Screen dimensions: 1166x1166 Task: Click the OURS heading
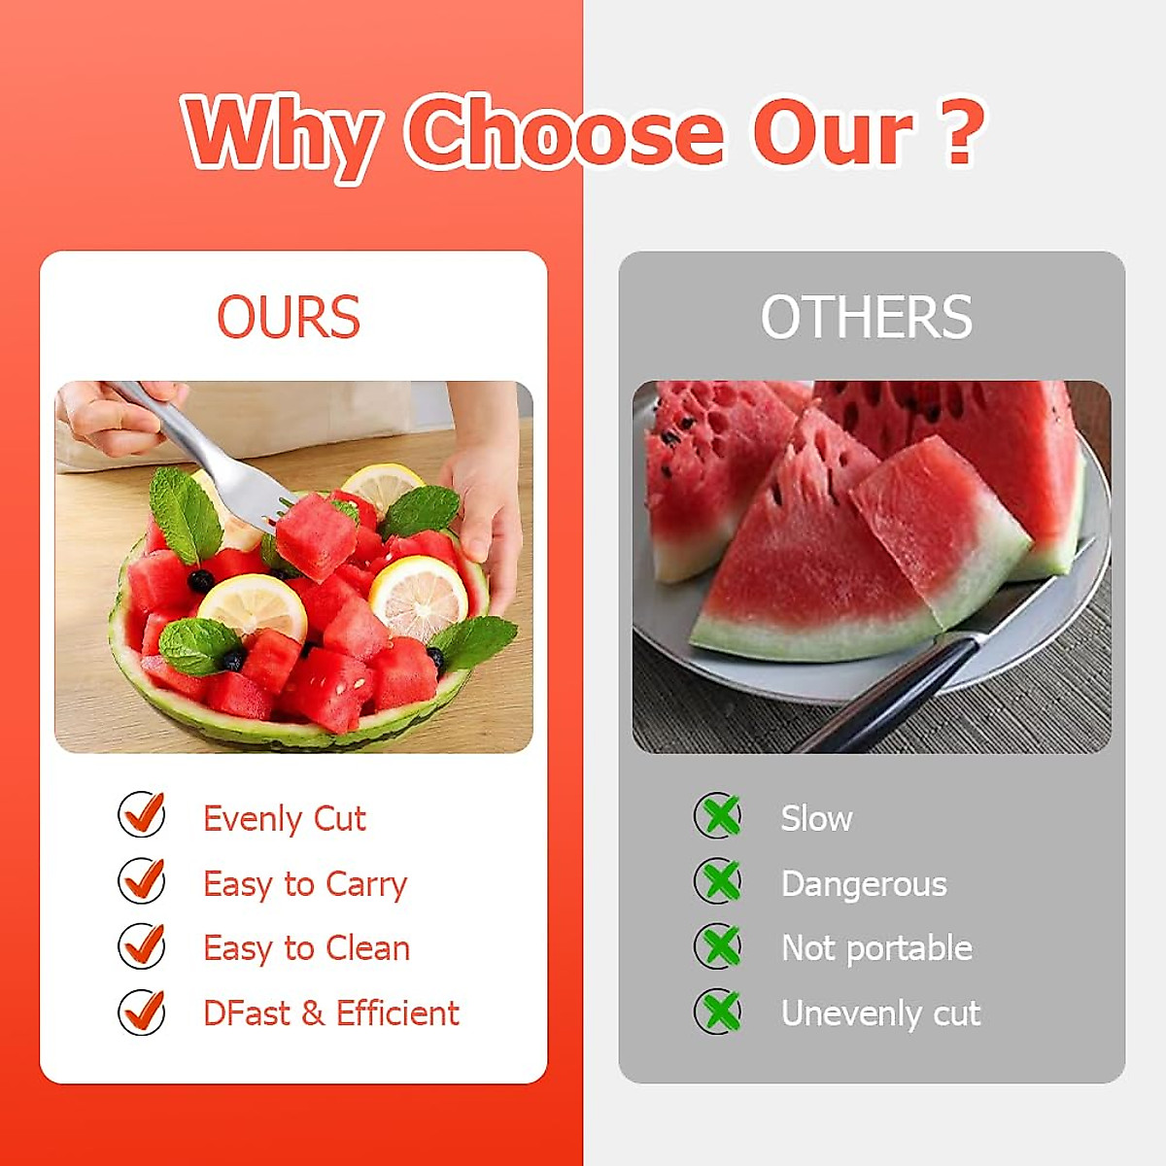coord(288,317)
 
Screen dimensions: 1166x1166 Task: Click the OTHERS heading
coord(866,317)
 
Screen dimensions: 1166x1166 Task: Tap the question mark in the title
coord(959,132)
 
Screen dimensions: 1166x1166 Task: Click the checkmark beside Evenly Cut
coord(142,814)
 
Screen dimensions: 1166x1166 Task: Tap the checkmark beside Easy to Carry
coord(142,880)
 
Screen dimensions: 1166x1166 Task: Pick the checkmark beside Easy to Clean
coord(142,945)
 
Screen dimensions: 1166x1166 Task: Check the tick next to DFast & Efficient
coord(142,1012)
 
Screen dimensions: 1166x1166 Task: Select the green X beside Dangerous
coord(719,881)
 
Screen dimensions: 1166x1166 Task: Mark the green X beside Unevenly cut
coord(719,1012)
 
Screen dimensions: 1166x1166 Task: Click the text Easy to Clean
coord(306,948)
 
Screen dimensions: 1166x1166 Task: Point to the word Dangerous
coord(864,884)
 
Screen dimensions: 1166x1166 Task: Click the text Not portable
coord(876,948)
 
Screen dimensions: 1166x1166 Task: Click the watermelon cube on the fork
coord(315,535)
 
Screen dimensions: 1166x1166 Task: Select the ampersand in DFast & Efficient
coord(313,1013)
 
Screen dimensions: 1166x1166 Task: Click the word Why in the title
coord(282,134)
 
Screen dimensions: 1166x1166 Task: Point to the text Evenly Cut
coord(284,819)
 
